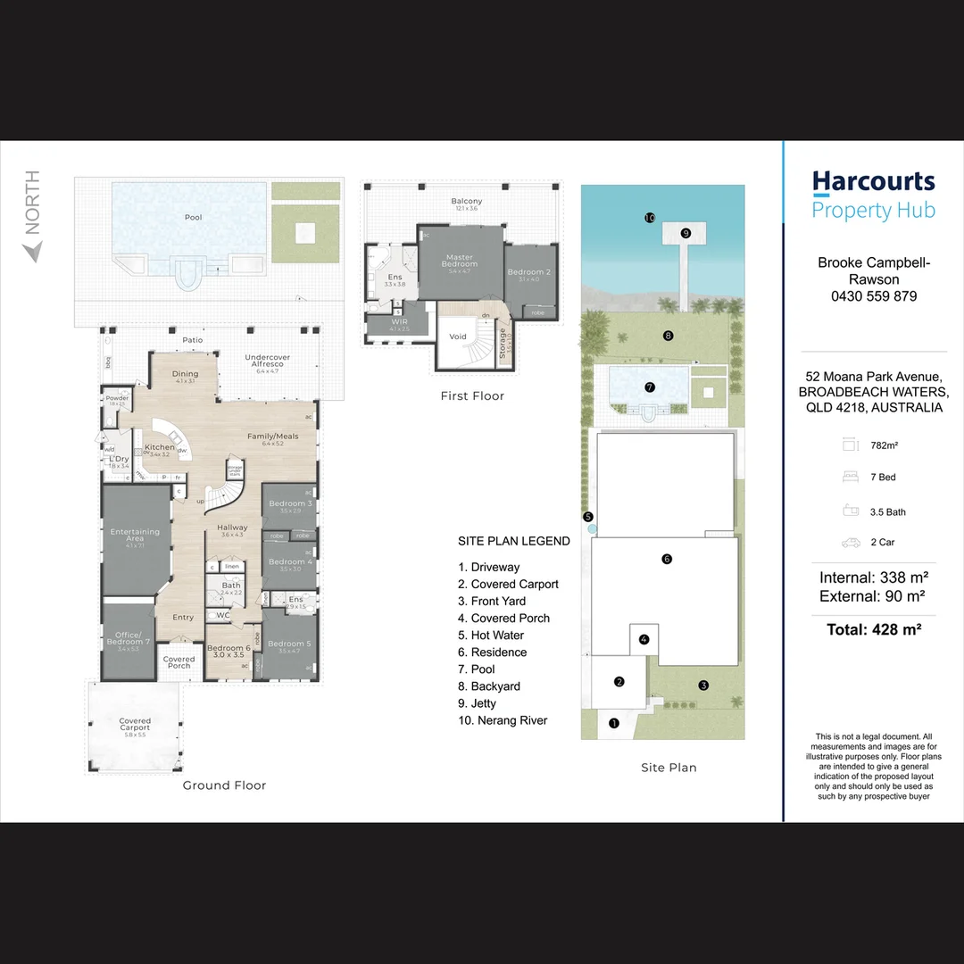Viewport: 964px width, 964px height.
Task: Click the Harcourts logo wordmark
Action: tap(873, 182)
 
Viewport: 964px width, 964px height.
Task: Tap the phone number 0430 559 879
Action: tap(873, 296)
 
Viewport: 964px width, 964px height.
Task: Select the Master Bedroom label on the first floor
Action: tap(460, 261)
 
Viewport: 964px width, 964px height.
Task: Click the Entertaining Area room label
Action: tap(135, 535)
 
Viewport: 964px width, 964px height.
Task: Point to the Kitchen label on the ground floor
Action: tap(160, 447)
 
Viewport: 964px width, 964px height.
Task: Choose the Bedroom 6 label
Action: tap(229, 651)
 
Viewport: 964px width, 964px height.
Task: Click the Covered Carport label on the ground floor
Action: tap(135, 724)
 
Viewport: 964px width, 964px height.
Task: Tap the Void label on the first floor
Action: tap(458, 337)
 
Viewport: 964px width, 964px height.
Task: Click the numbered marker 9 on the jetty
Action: tap(686, 233)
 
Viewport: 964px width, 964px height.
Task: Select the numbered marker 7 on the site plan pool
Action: tap(649, 387)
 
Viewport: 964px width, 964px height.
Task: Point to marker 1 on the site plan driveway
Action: tap(613, 723)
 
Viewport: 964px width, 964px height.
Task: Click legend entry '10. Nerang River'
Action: tap(503, 720)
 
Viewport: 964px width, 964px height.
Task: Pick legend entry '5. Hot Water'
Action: tap(491, 636)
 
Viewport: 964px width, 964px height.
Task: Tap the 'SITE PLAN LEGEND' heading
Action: tap(513, 541)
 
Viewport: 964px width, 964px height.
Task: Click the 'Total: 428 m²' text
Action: tap(873, 629)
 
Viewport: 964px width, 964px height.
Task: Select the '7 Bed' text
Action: tap(882, 478)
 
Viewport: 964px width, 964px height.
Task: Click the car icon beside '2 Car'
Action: tap(851, 542)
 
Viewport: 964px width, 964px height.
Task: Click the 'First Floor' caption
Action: tap(472, 395)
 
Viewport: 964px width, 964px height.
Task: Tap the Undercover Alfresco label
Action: tap(268, 361)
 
